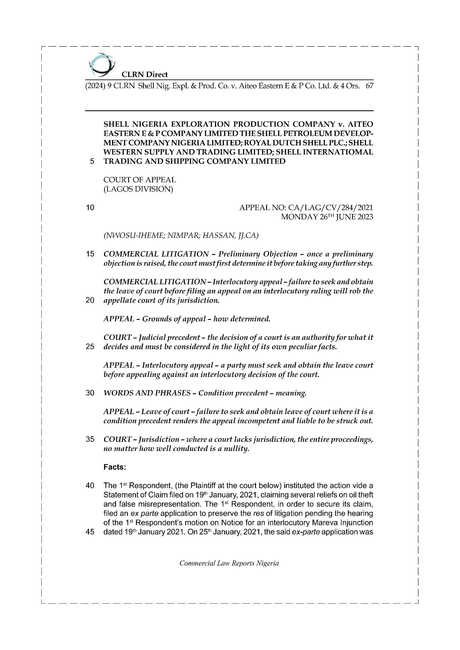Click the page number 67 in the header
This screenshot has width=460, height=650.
[x=369, y=86]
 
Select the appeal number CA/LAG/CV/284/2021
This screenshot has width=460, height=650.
[x=330, y=208]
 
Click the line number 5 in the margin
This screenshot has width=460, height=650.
[x=92, y=161]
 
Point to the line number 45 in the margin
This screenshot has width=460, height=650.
[x=90, y=532]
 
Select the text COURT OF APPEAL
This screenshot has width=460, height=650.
[x=140, y=180]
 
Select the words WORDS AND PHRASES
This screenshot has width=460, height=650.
[x=147, y=393]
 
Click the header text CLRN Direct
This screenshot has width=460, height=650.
[x=144, y=74]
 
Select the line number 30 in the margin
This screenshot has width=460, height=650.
[x=90, y=393]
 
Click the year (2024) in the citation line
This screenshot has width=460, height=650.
[x=95, y=86]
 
